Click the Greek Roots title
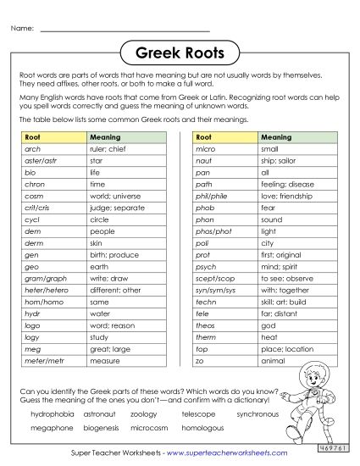(180, 54)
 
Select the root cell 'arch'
(33, 147)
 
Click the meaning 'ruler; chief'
(107, 147)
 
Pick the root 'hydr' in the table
(33, 313)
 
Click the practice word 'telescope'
(198, 414)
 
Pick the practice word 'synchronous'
(258, 414)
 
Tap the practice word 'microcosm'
(151, 428)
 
